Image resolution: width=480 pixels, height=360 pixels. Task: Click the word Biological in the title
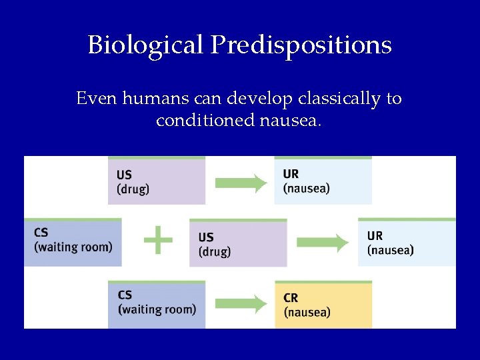pos(146,45)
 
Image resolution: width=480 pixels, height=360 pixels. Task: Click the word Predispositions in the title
pos(301,45)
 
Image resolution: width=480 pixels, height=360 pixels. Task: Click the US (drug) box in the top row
pos(157,181)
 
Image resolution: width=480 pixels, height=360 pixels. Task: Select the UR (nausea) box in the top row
pos(323,181)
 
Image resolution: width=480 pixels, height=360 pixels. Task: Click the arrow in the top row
pos(241,183)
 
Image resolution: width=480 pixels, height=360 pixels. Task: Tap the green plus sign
pos(158,239)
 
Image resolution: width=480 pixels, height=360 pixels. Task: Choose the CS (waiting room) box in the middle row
pos(73,241)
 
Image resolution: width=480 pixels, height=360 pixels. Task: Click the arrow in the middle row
pos(323,243)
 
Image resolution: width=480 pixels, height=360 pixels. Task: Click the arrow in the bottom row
pos(241,305)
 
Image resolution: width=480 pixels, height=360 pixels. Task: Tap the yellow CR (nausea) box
pos(323,305)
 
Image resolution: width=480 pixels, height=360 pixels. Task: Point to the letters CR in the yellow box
pos(291,298)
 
